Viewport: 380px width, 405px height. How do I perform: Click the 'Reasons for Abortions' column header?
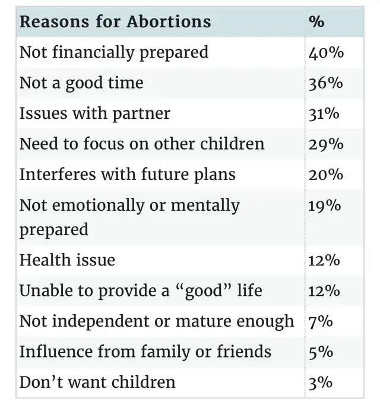point(115,22)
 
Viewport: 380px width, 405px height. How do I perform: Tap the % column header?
point(316,22)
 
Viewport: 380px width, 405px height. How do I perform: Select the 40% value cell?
point(326,52)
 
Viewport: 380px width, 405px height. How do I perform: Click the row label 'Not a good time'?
point(81,83)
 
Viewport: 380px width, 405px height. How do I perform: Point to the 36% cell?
point(325,83)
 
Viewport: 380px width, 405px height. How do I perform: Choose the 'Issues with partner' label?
point(94,113)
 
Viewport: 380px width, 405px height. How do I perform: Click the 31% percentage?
point(324,113)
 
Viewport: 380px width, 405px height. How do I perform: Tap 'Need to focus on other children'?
point(142,144)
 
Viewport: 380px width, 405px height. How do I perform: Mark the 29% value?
point(325,144)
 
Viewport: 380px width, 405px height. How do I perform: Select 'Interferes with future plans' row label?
point(127,175)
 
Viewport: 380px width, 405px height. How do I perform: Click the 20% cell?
point(325,175)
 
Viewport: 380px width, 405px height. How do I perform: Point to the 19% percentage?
point(324,205)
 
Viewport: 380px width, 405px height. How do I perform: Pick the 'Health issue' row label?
point(67,260)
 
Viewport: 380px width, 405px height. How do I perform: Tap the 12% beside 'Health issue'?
point(324,260)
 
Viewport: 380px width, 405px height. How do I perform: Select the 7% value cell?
point(321,321)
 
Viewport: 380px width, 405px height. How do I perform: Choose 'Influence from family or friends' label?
point(145,352)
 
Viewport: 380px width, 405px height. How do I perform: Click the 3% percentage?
point(321,382)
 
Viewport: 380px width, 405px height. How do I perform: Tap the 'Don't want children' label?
point(97,382)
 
